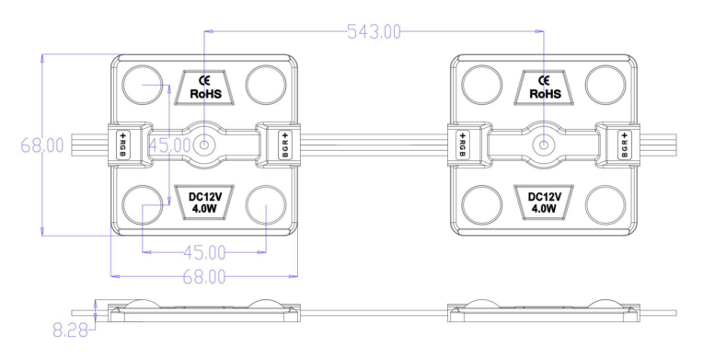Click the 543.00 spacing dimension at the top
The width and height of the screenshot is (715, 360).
click(373, 32)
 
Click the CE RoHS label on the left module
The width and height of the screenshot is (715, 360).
click(205, 87)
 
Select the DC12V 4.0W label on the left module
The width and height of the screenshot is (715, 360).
click(205, 203)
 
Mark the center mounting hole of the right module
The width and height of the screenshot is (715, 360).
click(545, 145)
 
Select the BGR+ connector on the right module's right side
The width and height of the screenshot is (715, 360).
click(625, 145)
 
